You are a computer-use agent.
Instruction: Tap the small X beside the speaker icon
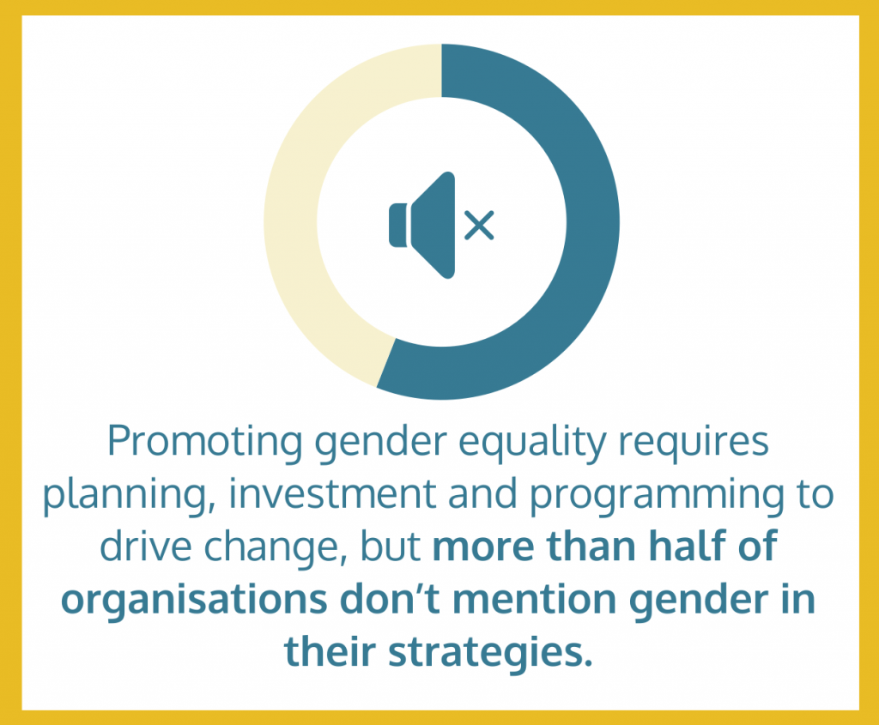(x=479, y=226)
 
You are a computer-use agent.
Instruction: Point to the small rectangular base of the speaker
(x=398, y=226)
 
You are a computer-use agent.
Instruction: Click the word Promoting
(x=205, y=443)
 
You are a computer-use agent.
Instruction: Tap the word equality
(x=532, y=443)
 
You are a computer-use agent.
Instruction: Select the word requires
(x=694, y=443)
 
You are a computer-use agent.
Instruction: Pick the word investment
(x=332, y=494)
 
